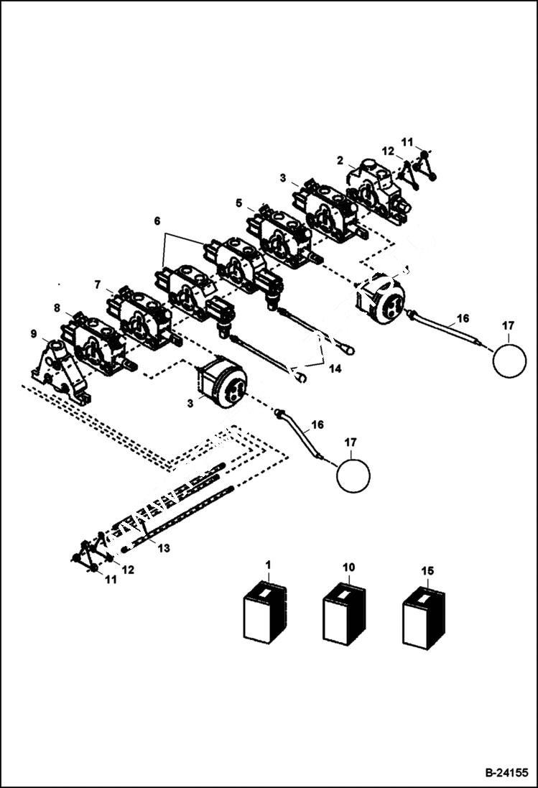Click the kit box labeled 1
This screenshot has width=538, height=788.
[265, 615]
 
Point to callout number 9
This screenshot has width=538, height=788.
[34, 333]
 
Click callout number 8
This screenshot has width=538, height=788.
[57, 307]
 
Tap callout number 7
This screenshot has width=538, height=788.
[97, 284]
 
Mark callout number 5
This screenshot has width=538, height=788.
[238, 203]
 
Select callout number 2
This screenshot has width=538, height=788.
[340, 160]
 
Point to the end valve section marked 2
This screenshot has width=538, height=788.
[376, 189]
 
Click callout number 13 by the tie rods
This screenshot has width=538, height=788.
[164, 548]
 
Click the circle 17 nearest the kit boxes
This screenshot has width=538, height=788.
[353, 476]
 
